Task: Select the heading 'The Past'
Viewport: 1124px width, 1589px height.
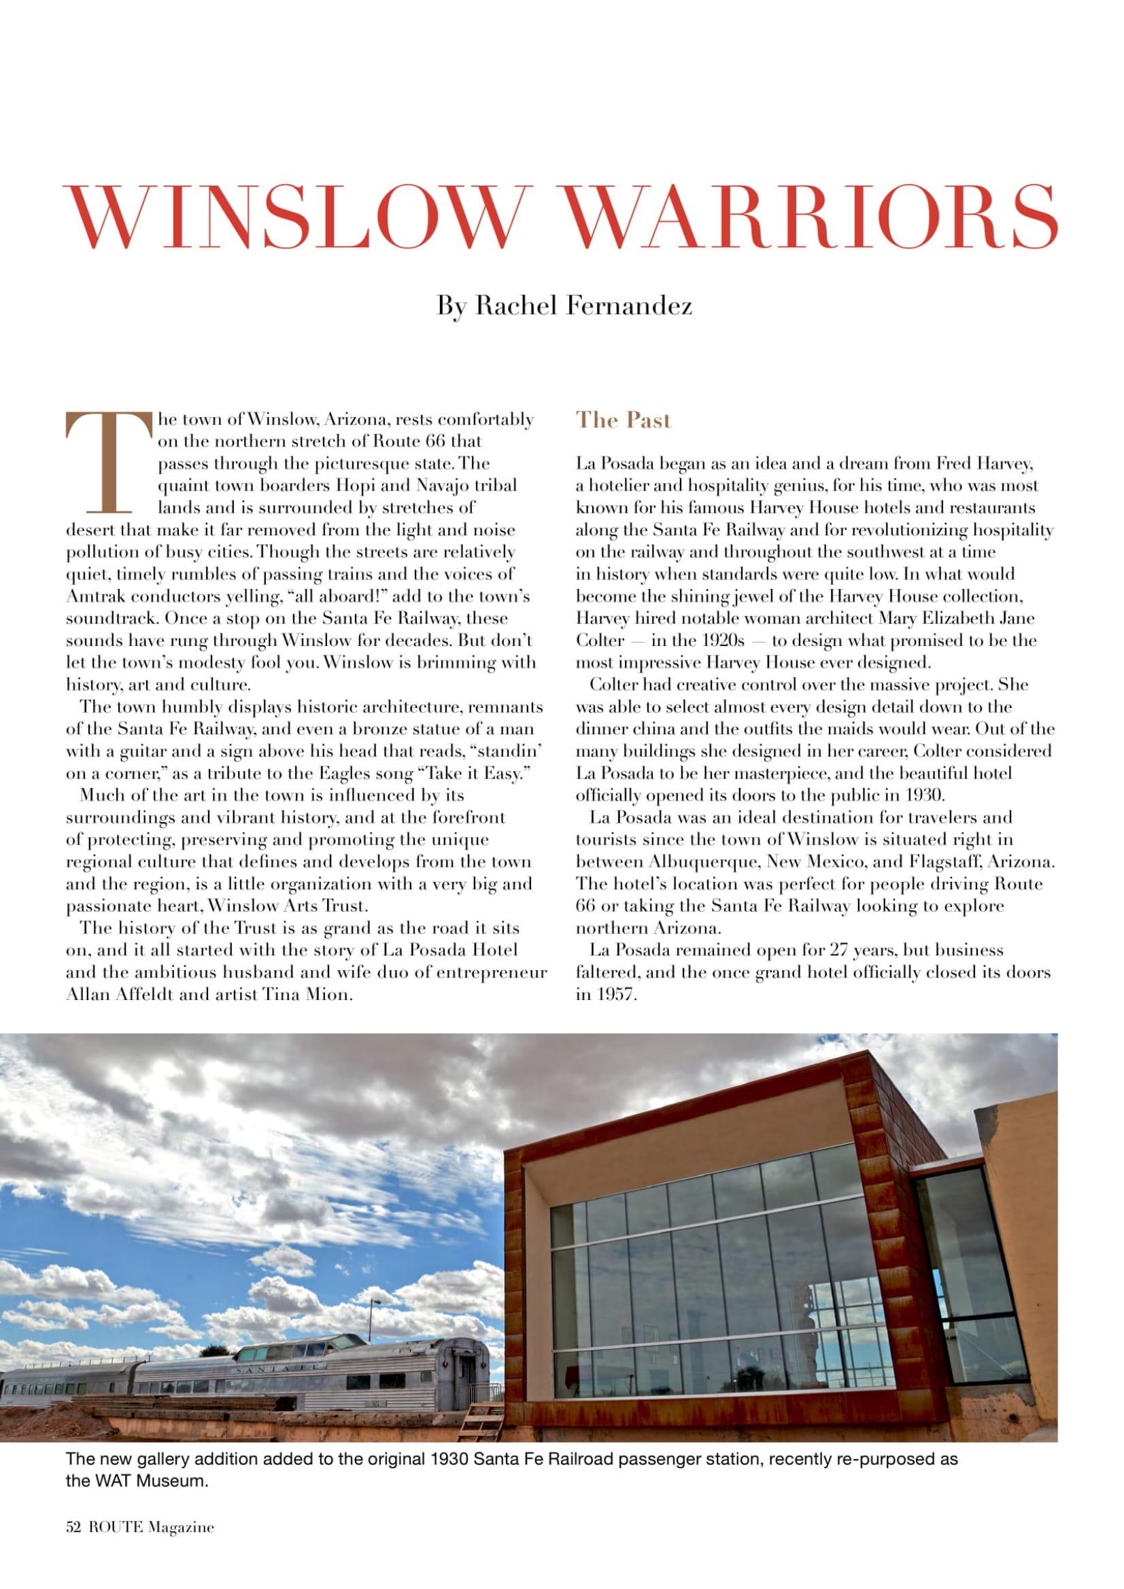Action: [x=624, y=420]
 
